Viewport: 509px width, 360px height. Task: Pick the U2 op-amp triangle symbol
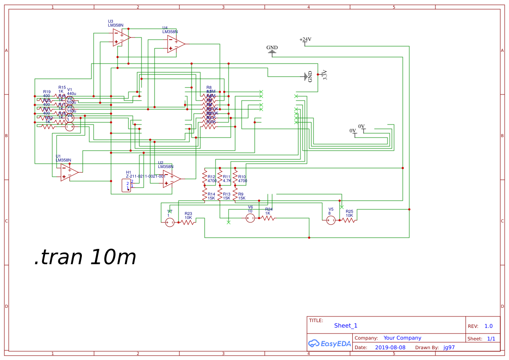(x=171, y=178)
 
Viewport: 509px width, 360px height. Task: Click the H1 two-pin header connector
(x=127, y=186)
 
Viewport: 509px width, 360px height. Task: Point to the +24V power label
(x=305, y=40)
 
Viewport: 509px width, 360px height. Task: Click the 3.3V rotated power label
(x=324, y=75)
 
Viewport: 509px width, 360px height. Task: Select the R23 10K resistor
(x=188, y=222)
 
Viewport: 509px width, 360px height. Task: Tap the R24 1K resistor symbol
(x=267, y=218)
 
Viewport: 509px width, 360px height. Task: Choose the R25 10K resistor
(x=348, y=220)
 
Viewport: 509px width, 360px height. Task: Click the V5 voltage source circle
(x=331, y=220)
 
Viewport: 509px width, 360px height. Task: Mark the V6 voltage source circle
(x=250, y=218)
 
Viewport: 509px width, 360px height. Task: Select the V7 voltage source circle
(x=169, y=222)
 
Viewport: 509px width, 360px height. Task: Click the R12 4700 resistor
(x=204, y=176)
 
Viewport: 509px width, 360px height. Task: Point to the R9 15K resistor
(x=235, y=194)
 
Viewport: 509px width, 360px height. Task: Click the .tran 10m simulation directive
(x=85, y=257)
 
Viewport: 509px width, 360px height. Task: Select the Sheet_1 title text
(x=346, y=326)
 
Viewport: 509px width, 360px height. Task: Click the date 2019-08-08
(x=390, y=347)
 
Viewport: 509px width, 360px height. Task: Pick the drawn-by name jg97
(x=449, y=347)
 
